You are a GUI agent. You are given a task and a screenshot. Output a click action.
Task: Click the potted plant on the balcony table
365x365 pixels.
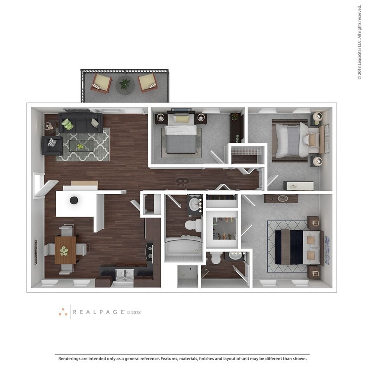[x=125, y=83]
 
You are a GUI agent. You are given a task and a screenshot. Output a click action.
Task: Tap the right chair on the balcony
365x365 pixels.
[x=147, y=82]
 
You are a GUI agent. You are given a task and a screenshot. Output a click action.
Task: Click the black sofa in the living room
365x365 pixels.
[x=80, y=123]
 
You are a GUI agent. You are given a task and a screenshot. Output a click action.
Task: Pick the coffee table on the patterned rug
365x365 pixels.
[x=81, y=146]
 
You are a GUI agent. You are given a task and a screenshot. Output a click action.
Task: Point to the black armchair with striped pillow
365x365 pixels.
[x=51, y=145]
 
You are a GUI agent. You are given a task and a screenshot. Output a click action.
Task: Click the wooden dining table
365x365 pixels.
[x=65, y=250]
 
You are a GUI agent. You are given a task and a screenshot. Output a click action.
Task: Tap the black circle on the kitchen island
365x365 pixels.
[x=74, y=200]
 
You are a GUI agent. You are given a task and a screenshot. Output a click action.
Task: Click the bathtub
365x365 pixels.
[x=183, y=249]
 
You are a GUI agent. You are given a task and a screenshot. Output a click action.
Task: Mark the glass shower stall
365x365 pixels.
[x=187, y=276]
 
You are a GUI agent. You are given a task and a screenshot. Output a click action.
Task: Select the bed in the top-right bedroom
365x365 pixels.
[x=292, y=140]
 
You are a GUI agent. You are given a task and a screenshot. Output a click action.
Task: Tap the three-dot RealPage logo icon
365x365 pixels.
[x=63, y=312]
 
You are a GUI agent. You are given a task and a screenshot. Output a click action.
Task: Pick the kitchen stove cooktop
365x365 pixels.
[x=150, y=252]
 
